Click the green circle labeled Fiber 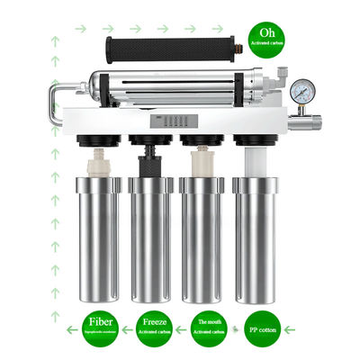tap(100, 328)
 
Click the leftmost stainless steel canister tap(98, 238)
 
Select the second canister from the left tap(149, 238)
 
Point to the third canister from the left tap(201, 238)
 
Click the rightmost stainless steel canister tap(253, 238)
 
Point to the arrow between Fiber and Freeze tap(128, 328)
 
